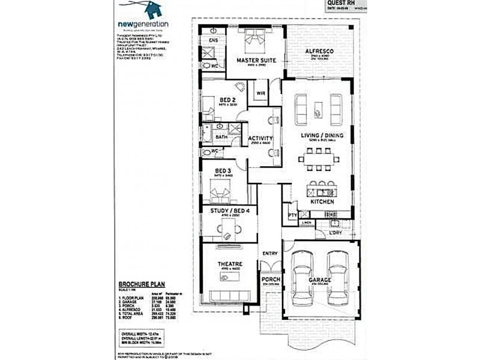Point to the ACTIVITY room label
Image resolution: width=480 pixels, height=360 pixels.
261,139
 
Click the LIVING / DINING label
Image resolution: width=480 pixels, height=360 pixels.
322,136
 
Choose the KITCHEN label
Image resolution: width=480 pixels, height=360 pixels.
322,203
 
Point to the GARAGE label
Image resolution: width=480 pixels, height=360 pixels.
320,279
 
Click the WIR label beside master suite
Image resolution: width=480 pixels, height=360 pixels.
261,93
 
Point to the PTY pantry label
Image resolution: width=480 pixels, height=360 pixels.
292,214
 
